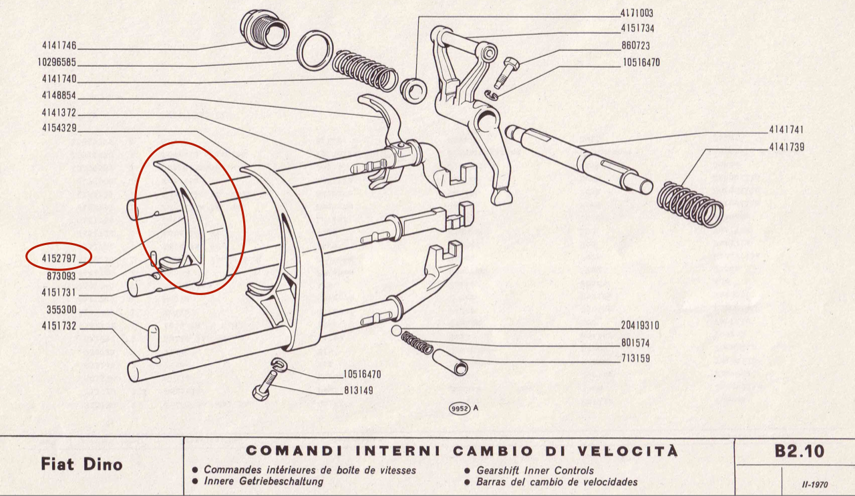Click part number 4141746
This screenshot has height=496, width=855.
[59, 47]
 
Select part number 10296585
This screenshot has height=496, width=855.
[57, 63]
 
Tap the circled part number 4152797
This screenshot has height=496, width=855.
[59, 256]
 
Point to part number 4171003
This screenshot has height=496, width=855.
[637, 13]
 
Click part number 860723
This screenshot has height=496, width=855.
[635, 46]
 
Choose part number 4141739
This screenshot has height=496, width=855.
[785, 147]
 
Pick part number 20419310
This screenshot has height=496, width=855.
[640, 326]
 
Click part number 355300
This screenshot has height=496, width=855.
[62, 310]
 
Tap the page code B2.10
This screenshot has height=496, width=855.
[799, 451]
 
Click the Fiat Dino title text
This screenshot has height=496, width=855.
[81, 463]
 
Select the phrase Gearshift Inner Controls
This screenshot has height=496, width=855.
[534, 471]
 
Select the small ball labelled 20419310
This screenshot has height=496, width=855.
[396, 331]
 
